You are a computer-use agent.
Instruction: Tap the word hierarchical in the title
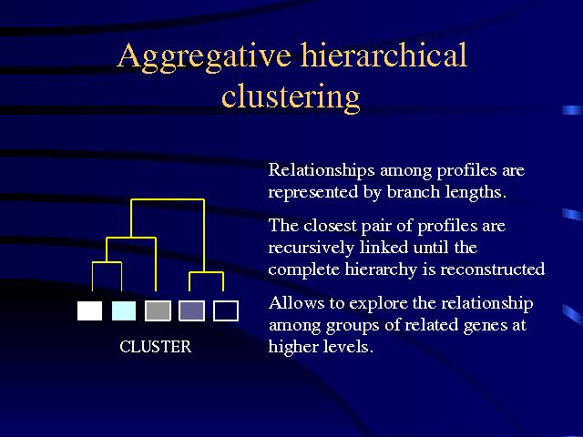tap(384, 55)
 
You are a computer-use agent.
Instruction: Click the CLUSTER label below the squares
tap(156, 347)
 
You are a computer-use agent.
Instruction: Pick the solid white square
tap(89, 310)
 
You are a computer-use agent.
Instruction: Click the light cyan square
tap(124, 310)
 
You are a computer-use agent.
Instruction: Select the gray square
tap(158, 310)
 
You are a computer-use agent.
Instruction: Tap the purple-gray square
tap(192, 310)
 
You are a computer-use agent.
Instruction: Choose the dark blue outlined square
tap(226, 310)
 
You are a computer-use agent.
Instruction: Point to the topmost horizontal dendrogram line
tap(168, 200)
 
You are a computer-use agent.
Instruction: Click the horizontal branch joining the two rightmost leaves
tap(207, 273)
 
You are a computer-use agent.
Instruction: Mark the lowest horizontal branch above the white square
tap(107, 263)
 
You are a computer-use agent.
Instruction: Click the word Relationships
tap(322, 171)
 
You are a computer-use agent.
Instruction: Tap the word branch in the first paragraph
tap(414, 192)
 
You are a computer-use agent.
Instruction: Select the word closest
tap(330, 226)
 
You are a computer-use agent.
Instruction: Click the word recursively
tap(311, 249)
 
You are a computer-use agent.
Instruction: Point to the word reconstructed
tap(493, 269)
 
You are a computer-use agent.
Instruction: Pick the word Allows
tap(296, 303)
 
